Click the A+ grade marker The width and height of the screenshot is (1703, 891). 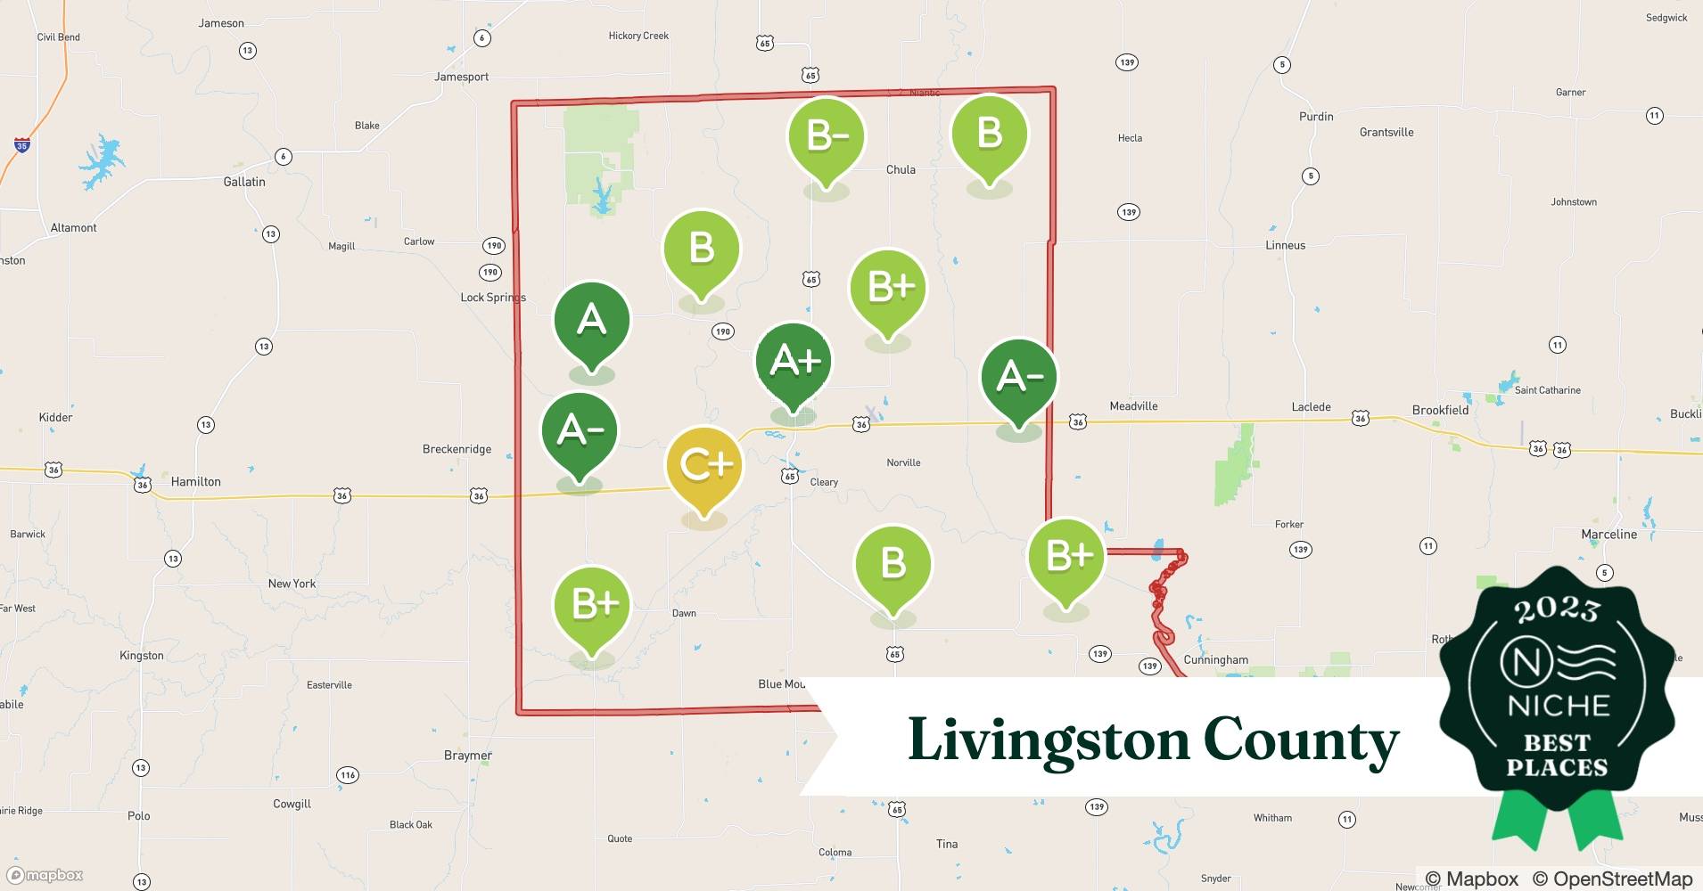pos(794,362)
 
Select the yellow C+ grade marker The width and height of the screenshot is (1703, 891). pos(704,464)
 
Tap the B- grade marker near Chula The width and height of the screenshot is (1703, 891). pos(827,135)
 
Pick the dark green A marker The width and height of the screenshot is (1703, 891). pos(592,320)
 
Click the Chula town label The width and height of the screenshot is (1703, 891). pos(901,169)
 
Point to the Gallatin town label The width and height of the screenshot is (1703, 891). pos(244,182)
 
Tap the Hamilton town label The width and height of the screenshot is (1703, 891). pos(195,481)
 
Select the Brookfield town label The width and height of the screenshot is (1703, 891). pos(1440,410)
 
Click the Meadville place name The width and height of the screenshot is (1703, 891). pos(1133,406)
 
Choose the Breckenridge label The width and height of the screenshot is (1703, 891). pos(457,449)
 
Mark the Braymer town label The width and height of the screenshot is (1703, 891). pos(468,756)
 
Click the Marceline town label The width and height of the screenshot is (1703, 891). pos(1608,535)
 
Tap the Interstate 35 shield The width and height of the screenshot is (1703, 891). pos(21,144)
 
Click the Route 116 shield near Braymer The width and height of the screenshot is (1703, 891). pos(348,775)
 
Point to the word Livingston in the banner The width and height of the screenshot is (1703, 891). pos(1049,740)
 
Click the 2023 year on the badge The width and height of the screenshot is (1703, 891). pos(1557,610)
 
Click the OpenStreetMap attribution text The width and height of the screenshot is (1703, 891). pos(1622,879)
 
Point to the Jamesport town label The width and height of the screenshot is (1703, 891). pos(461,77)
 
